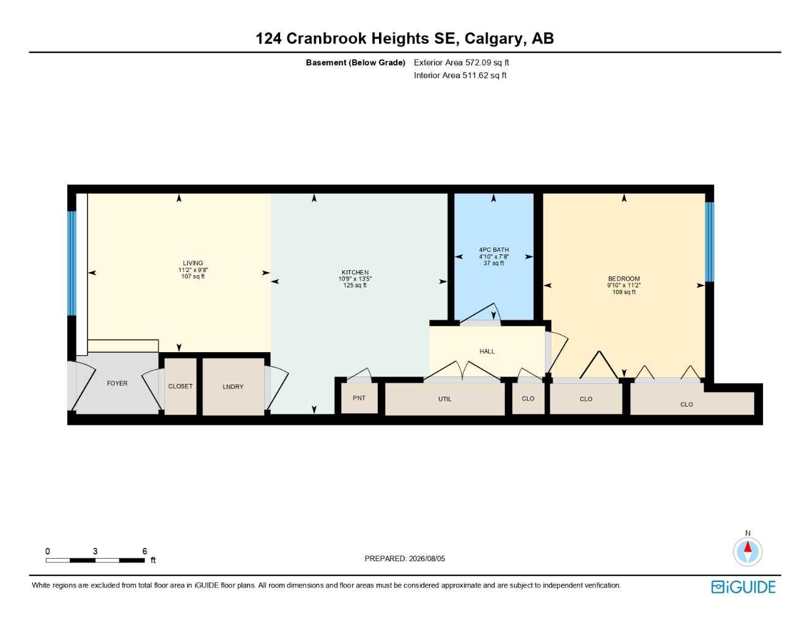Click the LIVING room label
coord(193,263)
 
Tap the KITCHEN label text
coord(355,273)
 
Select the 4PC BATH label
coord(493,249)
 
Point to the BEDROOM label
coord(624,279)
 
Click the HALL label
coord(487,352)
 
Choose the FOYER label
coord(117,383)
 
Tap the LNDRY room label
coord(233,387)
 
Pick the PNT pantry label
coord(359,398)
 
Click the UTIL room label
coord(444,399)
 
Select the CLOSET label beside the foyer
coord(180,386)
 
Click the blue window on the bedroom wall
coord(709,242)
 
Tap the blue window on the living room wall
coord(72,263)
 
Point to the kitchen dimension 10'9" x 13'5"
coord(355,279)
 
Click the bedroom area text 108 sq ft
coord(624,292)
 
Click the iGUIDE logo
coord(743,587)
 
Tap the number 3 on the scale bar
coord(95,551)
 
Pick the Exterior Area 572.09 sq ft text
coord(461,62)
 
